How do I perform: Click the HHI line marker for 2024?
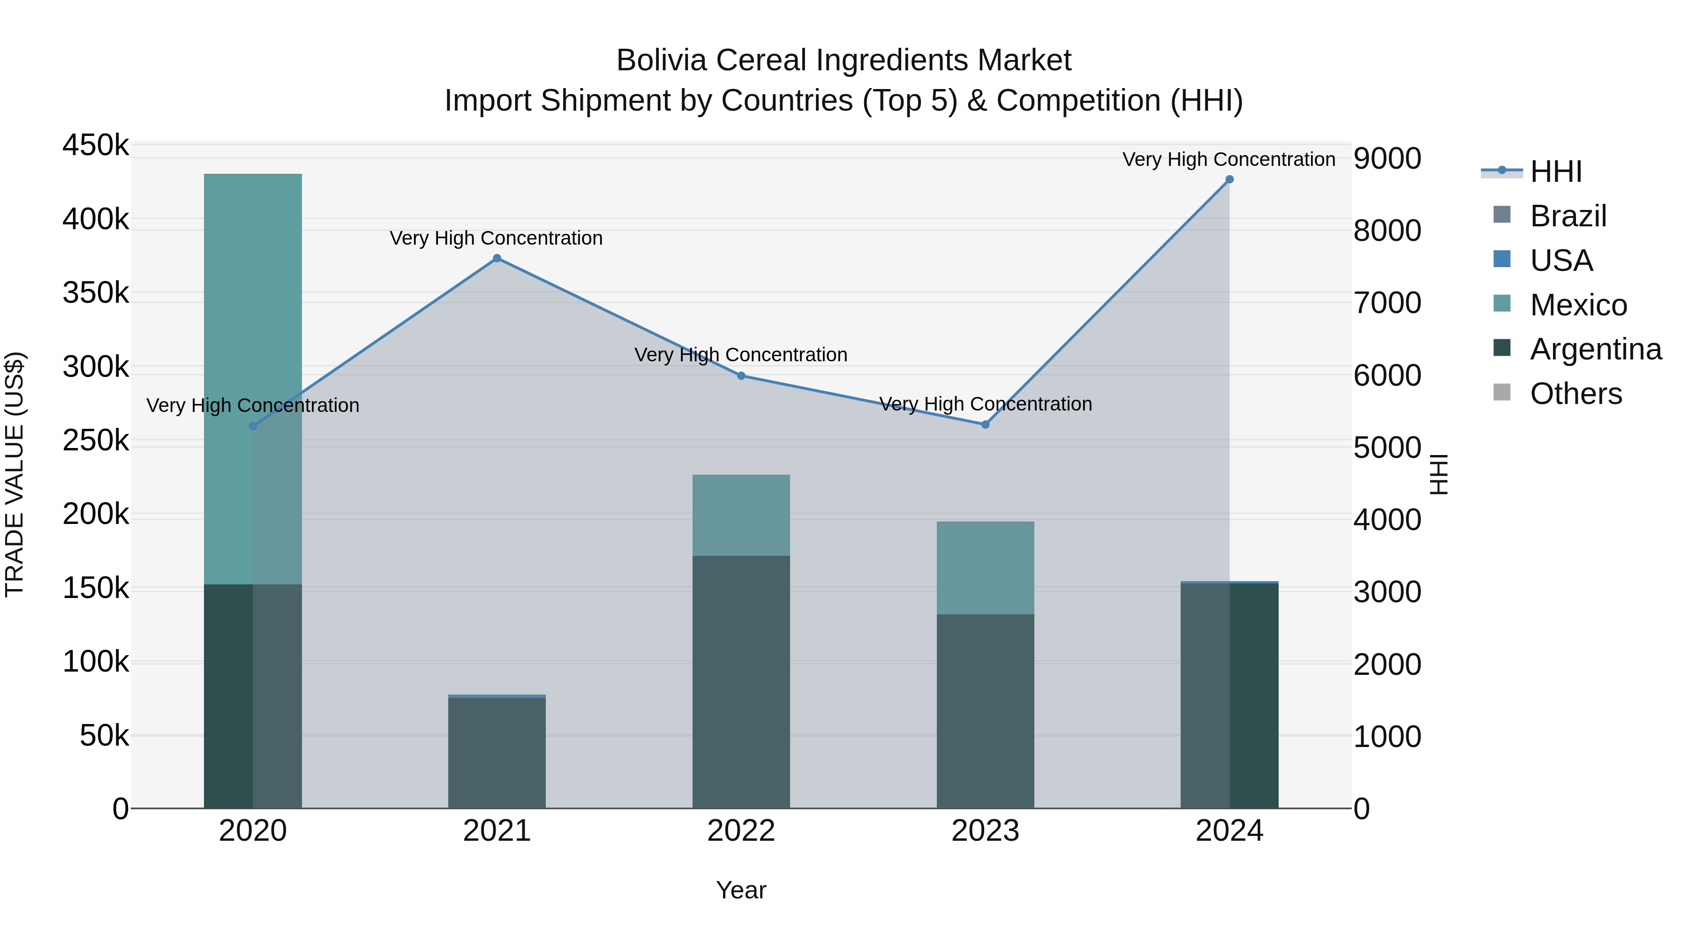point(1229,179)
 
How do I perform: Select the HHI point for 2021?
point(497,258)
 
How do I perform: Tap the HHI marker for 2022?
point(741,376)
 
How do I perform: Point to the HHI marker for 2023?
point(985,425)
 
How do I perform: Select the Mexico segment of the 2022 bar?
point(741,516)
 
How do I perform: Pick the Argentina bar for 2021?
point(497,753)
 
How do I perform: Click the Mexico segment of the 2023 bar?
point(985,568)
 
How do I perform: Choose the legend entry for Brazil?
point(1567,216)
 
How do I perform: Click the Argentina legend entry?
point(1595,349)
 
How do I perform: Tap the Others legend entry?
point(1575,394)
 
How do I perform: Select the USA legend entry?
point(1561,261)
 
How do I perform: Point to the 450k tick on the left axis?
point(96,145)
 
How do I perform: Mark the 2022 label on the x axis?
point(741,831)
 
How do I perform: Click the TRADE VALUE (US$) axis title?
point(15,474)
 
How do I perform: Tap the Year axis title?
point(741,890)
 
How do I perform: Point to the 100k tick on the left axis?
point(96,662)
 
